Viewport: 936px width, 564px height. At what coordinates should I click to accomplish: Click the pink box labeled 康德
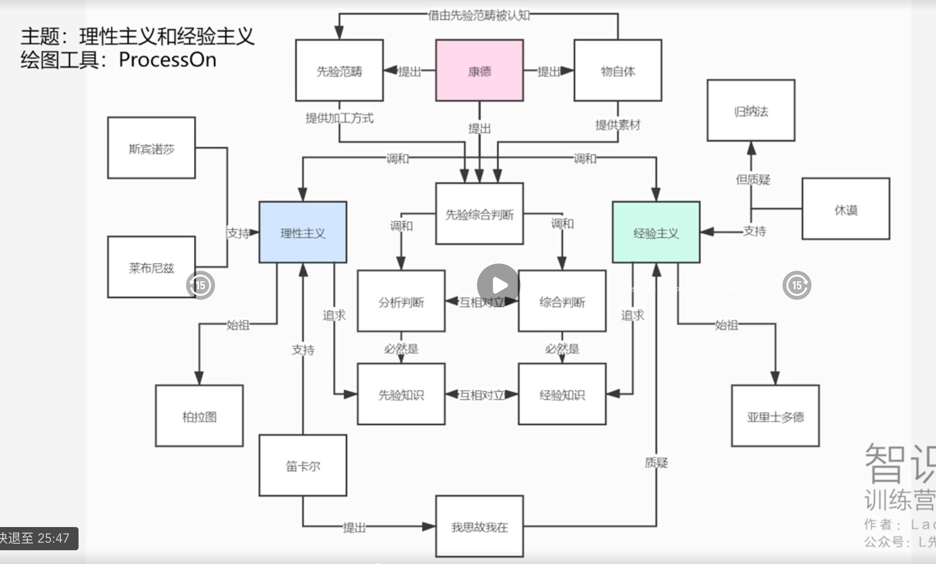pos(479,71)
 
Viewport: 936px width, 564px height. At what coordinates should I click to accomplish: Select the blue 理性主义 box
pos(303,232)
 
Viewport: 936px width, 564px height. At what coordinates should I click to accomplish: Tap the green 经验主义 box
pos(656,232)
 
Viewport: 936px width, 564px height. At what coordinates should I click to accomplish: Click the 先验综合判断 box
pos(479,214)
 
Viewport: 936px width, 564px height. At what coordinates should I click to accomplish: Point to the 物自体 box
pos(618,71)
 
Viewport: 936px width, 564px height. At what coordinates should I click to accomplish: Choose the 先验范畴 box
pos(339,71)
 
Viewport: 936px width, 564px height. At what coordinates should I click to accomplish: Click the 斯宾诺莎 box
pos(151,148)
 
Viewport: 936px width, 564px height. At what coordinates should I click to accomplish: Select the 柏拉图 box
pos(199,416)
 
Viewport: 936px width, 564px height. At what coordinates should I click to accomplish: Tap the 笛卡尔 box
pos(303,466)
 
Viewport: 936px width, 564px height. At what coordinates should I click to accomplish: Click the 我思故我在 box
pos(479,526)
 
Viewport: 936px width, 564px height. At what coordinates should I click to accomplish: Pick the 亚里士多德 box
pos(775,416)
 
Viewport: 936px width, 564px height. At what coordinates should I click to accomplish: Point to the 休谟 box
pos(846,209)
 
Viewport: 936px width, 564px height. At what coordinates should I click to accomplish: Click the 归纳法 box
pos(751,111)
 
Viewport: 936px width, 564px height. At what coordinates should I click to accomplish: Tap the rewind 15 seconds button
pos(200,285)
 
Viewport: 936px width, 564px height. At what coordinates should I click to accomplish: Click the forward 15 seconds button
pos(797,285)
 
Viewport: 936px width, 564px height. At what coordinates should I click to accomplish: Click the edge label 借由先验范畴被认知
pos(478,15)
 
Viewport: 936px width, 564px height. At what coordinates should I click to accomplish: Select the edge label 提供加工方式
pos(339,118)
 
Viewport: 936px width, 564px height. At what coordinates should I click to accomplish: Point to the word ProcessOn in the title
pos(168,60)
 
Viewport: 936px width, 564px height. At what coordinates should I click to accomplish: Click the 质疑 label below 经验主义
pos(656,463)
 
